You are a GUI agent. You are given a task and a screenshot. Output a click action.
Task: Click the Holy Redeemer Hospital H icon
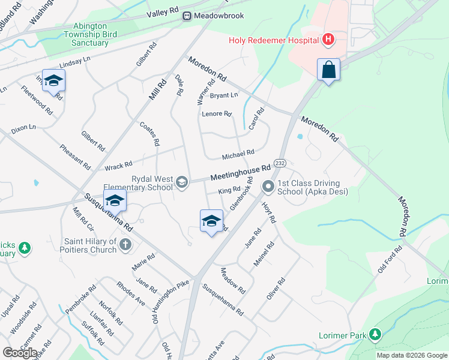tap(328, 40)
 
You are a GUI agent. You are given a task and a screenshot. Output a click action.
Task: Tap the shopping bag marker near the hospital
tap(329, 70)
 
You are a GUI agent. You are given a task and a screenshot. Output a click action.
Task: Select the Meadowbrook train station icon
tap(188, 16)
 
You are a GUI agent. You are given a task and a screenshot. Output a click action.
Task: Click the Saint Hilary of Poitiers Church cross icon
tap(125, 244)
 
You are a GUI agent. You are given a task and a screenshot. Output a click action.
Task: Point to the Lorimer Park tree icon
tap(375, 333)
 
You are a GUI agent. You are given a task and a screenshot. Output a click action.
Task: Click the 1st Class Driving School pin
tap(268, 188)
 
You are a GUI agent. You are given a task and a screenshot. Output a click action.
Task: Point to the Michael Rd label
tap(238, 154)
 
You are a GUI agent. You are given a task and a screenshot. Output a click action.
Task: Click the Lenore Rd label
tap(217, 113)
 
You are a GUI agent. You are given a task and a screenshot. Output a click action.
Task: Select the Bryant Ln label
tap(223, 95)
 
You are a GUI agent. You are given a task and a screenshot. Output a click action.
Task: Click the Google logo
tap(19, 353)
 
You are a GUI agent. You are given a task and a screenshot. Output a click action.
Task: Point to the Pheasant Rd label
tap(74, 156)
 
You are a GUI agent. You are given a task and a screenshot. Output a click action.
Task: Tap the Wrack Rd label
tap(118, 165)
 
